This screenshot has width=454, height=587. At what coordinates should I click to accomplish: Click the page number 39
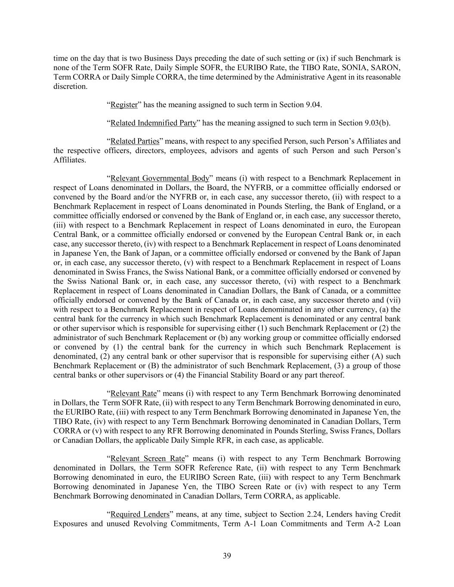click(227, 556)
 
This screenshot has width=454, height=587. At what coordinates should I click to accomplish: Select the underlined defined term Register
click(124, 104)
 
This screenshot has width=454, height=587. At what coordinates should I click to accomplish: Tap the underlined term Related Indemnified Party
click(153, 123)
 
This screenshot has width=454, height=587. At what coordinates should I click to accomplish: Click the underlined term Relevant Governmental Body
click(160, 178)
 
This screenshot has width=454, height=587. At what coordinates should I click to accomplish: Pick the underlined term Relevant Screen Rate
click(148, 458)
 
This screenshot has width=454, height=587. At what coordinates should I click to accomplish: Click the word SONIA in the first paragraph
click(355, 68)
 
